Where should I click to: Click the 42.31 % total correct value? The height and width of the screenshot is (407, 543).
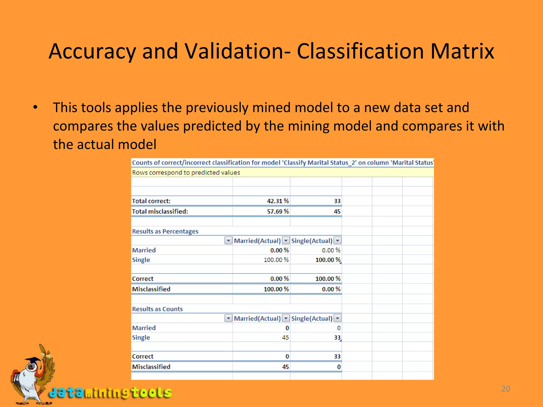click(278, 201)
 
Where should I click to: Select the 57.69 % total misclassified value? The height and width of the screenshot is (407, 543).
click(278, 211)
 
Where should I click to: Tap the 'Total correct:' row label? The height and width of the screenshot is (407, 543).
click(151, 201)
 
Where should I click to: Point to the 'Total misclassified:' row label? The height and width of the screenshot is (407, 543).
click(160, 211)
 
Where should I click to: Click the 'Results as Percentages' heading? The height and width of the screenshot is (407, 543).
click(165, 231)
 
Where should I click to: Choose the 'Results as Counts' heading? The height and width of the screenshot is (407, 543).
click(157, 309)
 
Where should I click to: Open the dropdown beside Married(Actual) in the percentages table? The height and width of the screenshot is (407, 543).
click(286, 241)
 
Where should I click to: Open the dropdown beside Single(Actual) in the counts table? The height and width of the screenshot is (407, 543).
click(337, 318)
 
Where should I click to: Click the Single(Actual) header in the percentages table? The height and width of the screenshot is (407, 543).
click(312, 241)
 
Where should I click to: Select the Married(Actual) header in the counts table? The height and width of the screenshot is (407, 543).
click(257, 318)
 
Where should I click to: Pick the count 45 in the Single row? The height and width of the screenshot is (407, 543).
click(285, 338)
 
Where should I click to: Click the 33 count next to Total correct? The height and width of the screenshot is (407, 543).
click(337, 201)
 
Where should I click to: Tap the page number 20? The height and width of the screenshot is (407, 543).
click(506, 389)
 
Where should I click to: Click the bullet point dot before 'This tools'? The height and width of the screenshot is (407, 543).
click(35, 108)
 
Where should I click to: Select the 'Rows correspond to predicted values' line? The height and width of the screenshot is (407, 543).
click(186, 173)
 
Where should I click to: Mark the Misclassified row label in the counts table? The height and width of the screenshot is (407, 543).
click(151, 367)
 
